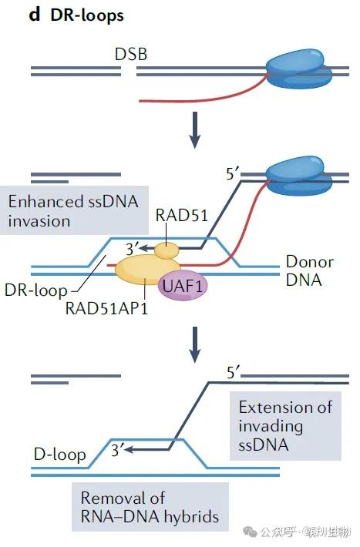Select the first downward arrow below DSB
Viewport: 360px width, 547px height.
pos(195,131)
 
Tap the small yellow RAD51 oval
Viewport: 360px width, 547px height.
pos(166,250)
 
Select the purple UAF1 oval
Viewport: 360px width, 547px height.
pos(183,287)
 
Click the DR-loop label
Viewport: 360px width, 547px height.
pos(35,291)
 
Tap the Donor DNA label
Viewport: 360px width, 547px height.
pos(308,271)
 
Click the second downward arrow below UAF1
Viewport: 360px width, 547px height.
pos(195,345)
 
